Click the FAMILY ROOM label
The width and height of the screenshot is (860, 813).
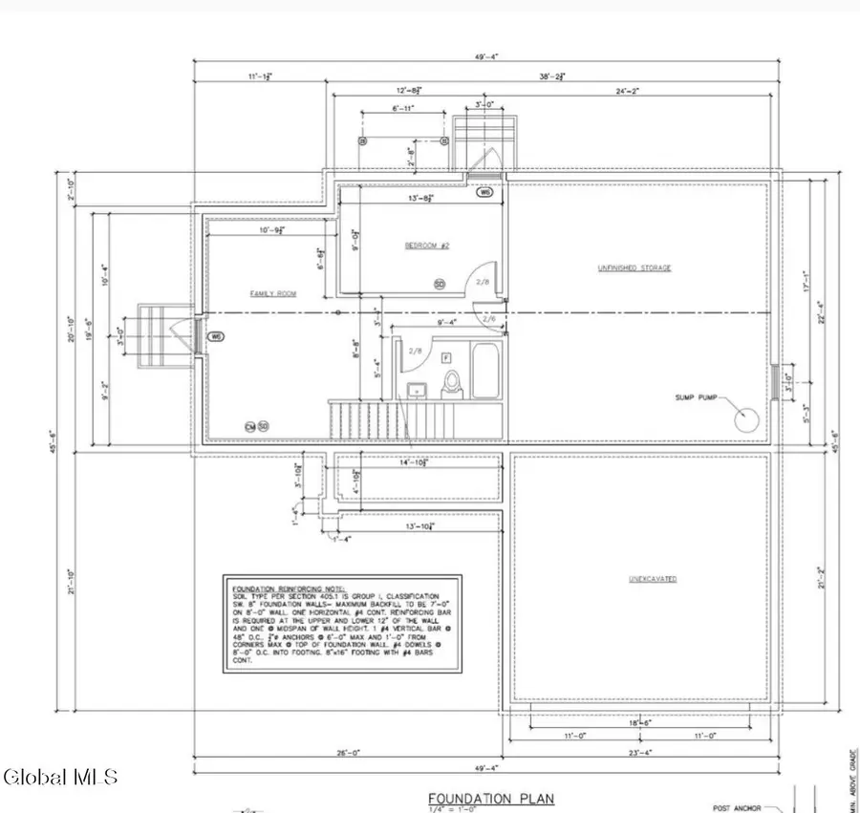pos(272,294)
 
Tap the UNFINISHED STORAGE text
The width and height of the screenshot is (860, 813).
pos(634,268)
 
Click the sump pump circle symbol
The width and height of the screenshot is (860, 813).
pos(746,417)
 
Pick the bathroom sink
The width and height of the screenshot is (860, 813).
pos(418,390)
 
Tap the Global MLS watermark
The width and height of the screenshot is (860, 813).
pos(60,776)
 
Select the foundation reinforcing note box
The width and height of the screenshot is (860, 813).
pos(341,623)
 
